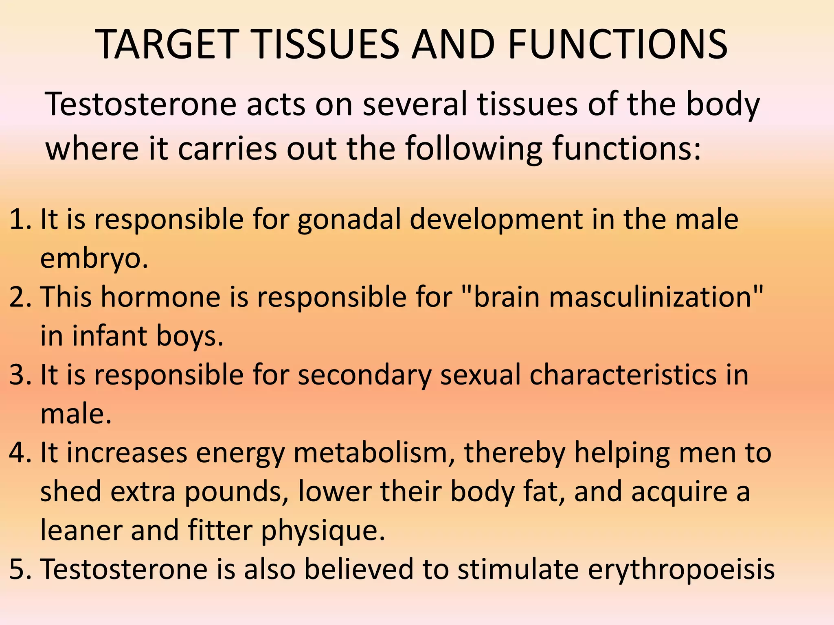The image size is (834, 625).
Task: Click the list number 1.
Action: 18,219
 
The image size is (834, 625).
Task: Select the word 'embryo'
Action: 92,259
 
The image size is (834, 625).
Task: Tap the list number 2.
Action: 18,297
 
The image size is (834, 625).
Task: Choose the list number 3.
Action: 18,375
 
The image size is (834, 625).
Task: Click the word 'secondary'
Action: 364,376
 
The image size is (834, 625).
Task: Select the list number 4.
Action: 18,452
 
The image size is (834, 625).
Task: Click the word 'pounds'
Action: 237,492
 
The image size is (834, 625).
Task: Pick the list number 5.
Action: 18,569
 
